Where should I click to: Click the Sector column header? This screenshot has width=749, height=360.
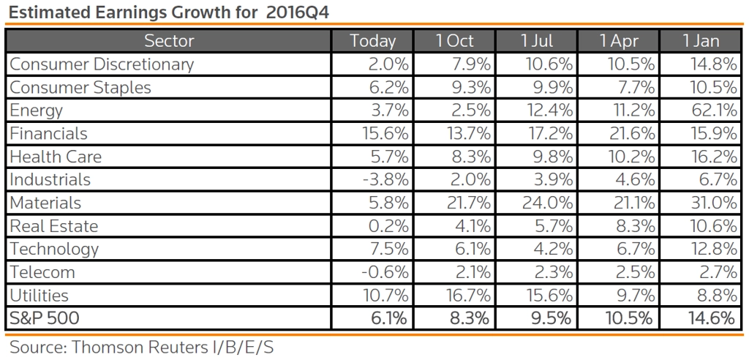(x=169, y=41)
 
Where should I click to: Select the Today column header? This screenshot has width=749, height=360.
(x=373, y=41)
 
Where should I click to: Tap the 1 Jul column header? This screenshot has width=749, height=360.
(x=537, y=41)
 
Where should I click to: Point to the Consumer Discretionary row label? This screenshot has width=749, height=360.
(x=102, y=64)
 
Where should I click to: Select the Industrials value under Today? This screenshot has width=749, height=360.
(x=385, y=180)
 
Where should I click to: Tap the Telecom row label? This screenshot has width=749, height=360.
(x=42, y=272)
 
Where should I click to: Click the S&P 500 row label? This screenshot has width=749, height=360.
(x=45, y=318)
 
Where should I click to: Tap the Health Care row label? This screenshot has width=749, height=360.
(x=56, y=157)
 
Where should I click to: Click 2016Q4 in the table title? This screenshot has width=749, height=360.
(x=298, y=12)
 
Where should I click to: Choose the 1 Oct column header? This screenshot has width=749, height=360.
(x=454, y=41)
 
